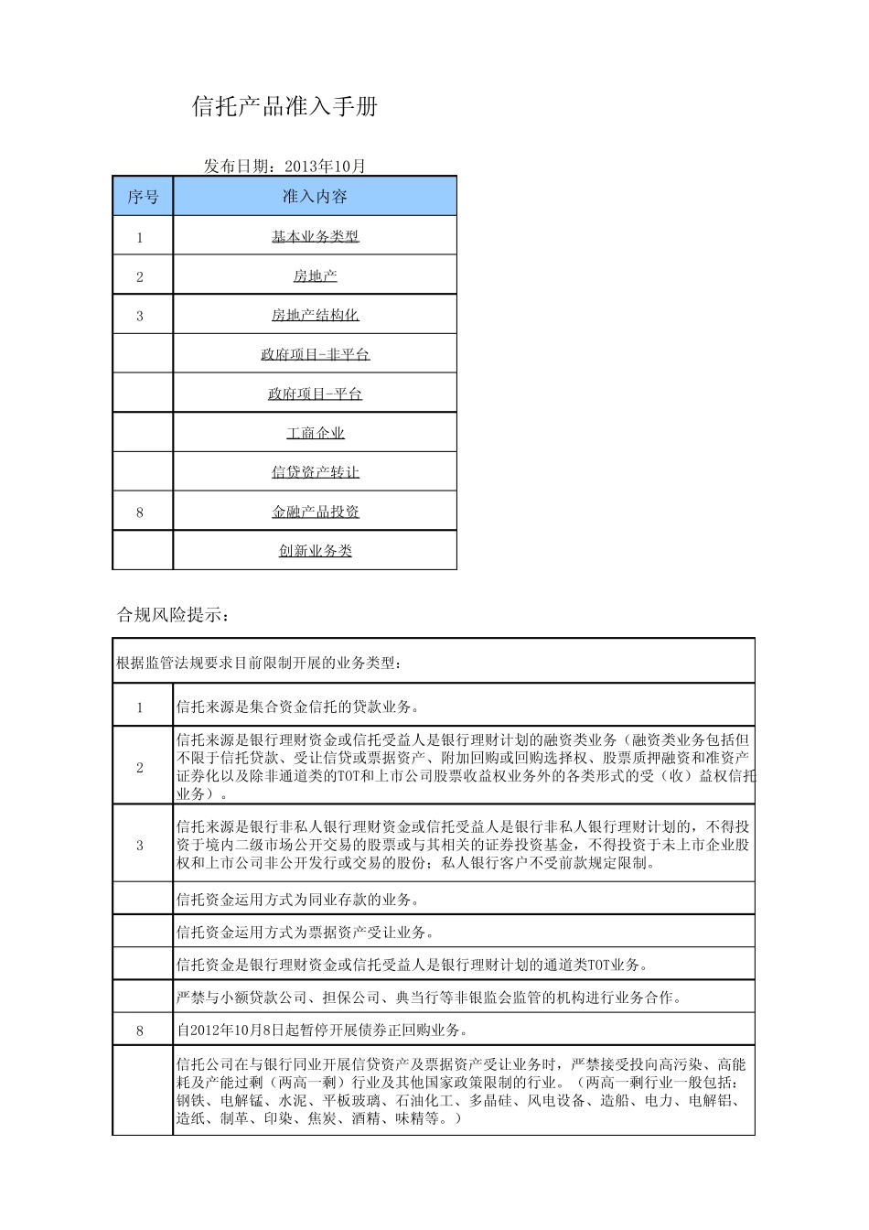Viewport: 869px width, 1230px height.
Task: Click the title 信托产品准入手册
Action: click(284, 107)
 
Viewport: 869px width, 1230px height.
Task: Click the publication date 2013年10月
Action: click(325, 166)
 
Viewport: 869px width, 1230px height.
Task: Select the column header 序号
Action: click(143, 197)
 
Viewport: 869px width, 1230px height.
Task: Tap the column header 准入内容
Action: click(315, 197)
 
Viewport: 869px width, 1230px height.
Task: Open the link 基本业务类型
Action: click(315, 236)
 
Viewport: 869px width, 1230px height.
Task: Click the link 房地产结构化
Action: click(315, 315)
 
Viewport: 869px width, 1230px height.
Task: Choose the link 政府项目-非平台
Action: click(315, 354)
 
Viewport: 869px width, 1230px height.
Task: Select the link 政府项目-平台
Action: click(315, 394)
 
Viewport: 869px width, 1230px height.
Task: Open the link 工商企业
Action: click(315, 433)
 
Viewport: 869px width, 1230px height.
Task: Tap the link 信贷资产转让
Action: click(315, 472)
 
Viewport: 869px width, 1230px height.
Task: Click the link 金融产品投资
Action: click(315, 512)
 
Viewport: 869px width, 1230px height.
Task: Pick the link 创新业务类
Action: click(315, 551)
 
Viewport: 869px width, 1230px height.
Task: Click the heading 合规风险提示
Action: click(173, 615)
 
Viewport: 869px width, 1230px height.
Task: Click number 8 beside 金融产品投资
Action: click(140, 512)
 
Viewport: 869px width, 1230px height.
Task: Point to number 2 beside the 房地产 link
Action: click(140, 276)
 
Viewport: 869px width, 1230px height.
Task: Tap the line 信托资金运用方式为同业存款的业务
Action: click(298, 900)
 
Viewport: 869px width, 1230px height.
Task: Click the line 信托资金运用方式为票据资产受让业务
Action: click(305, 933)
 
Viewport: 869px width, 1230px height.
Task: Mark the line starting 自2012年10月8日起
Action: click(322, 1030)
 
